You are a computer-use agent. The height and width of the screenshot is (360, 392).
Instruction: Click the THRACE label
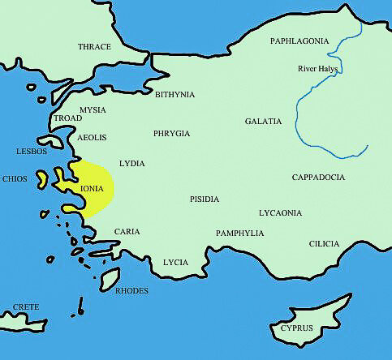click(94, 47)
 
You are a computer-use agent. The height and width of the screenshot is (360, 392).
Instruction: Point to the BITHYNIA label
click(174, 95)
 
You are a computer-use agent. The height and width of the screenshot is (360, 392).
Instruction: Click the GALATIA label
click(263, 122)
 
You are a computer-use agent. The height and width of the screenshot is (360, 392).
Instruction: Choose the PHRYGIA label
click(171, 133)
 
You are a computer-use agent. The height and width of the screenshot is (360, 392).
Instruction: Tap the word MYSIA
click(93, 109)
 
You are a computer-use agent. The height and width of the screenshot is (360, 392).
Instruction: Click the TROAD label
click(67, 118)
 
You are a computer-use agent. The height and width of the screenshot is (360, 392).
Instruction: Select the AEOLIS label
click(91, 138)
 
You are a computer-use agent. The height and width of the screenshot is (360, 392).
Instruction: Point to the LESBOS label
click(32, 152)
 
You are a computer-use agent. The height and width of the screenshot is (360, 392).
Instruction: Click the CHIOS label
click(15, 178)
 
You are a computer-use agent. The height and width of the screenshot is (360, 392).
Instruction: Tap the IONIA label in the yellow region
click(92, 188)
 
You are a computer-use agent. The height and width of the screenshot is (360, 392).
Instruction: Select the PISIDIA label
click(205, 198)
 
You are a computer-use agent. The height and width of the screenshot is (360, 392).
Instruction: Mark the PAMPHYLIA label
click(239, 234)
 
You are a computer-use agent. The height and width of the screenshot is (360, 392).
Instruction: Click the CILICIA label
click(328, 243)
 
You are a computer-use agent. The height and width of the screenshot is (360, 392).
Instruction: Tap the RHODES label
click(131, 289)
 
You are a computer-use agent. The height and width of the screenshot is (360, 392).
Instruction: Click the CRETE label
click(25, 307)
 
